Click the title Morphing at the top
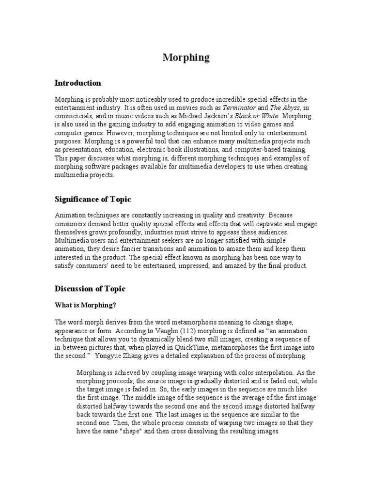tap(186, 58)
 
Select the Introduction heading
tap(77, 83)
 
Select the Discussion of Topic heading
tap(90, 289)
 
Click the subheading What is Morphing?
tap(85, 305)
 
